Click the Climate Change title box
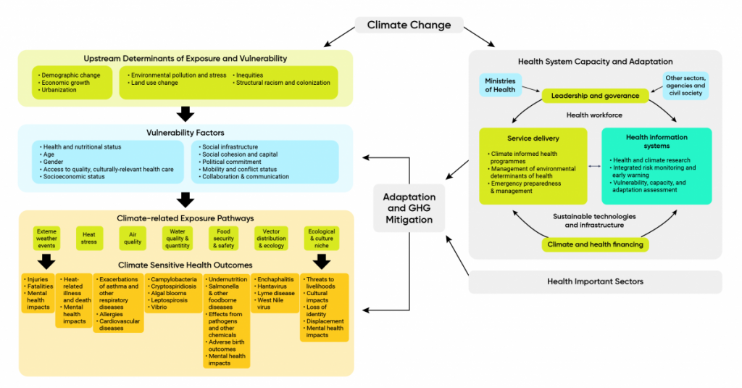click(x=409, y=25)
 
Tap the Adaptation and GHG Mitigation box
click(x=409, y=208)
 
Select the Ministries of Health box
click(x=500, y=85)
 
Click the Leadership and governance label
click(x=595, y=96)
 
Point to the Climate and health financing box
click(x=595, y=244)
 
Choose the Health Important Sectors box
click(x=595, y=281)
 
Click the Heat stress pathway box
click(x=89, y=237)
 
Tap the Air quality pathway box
click(x=133, y=237)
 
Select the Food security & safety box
click(x=223, y=237)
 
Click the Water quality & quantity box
click(x=178, y=237)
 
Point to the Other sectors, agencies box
click(x=685, y=85)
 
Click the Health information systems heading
click(x=656, y=141)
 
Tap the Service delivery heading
click(x=533, y=138)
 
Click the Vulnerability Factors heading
click(x=185, y=133)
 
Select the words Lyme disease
click(x=275, y=293)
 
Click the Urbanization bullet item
click(x=61, y=90)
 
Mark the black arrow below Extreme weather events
click(x=46, y=261)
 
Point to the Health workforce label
click(x=595, y=115)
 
